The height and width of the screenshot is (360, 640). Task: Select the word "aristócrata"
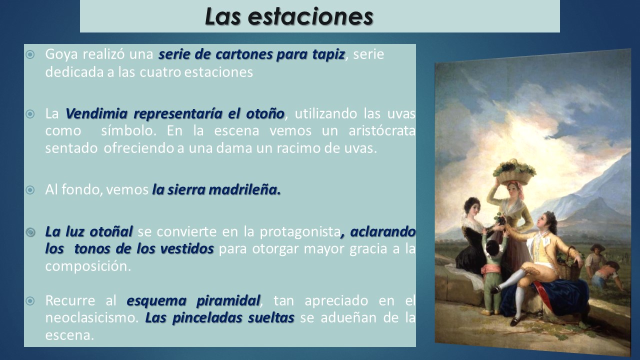(x=382, y=131)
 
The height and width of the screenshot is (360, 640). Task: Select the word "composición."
(x=88, y=266)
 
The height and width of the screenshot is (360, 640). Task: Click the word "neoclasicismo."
(x=92, y=317)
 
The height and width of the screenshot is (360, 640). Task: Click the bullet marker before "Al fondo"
(x=30, y=190)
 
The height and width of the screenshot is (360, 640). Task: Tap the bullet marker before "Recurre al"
(x=30, y=301)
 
